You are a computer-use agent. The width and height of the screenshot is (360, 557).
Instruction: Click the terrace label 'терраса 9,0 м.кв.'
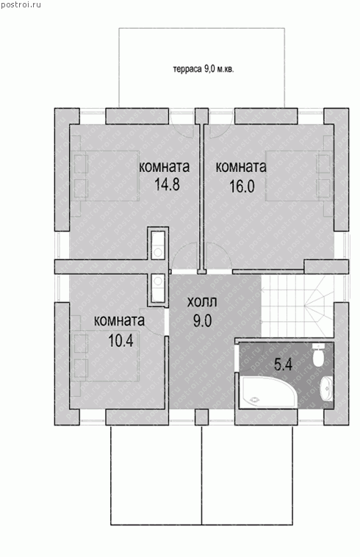[x=204, y=69]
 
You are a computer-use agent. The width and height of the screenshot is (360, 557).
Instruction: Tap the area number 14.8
[x=168, y=184]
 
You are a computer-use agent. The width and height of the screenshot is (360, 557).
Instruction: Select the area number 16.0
[x=242, y=186]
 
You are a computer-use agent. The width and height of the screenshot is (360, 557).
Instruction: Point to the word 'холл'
[x=201, y=302]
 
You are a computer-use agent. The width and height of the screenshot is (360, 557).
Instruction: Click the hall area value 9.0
[x=202, y=321]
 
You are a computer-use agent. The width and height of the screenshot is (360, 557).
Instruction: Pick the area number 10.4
[x=120, y=341]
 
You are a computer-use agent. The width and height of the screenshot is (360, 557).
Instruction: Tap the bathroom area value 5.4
[x=284, y=364]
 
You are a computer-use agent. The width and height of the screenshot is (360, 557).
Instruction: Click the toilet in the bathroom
[x=319, y=354]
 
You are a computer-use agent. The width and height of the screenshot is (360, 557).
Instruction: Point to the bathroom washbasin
[x=327, y=389]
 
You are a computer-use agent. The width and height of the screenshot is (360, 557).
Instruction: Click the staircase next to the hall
[x=298, y=306]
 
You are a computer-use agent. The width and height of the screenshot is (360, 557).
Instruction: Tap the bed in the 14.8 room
[x=106, y=176]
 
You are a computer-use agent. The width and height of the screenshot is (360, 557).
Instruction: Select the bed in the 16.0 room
[x=299, y=176]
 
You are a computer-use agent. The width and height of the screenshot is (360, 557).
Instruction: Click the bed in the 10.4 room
[x=106, y=356]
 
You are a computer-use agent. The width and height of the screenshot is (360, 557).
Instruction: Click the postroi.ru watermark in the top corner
[x=21, y=4]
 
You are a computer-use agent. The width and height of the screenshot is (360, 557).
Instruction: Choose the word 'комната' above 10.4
[x=119, y=320]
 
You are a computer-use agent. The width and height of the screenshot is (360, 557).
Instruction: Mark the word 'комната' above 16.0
[x=241, y=167]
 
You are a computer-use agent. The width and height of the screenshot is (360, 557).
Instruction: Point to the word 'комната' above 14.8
[x=164, y=167]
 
